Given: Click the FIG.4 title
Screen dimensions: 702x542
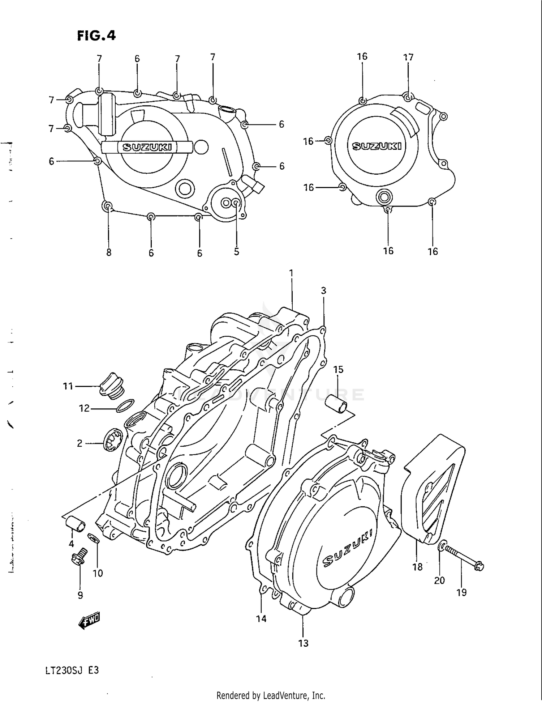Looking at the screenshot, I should [x=96, y=35].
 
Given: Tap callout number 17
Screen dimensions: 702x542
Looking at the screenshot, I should [x=408, y=57].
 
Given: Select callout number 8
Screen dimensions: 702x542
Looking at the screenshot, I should [x=109, y=252].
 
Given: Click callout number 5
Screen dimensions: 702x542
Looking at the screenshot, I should [x=236, y=251].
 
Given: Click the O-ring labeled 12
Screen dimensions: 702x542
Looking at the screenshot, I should [x=125, y=406].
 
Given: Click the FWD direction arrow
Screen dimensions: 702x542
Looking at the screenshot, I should [x=89, y=621].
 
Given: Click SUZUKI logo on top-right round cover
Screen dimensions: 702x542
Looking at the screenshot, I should [x=377, y=146].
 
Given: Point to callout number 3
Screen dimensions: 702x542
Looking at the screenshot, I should [x=323, y=290].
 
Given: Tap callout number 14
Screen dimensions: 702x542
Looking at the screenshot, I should [x=261, y=618].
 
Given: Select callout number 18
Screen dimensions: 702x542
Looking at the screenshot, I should [x=417, y=567].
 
